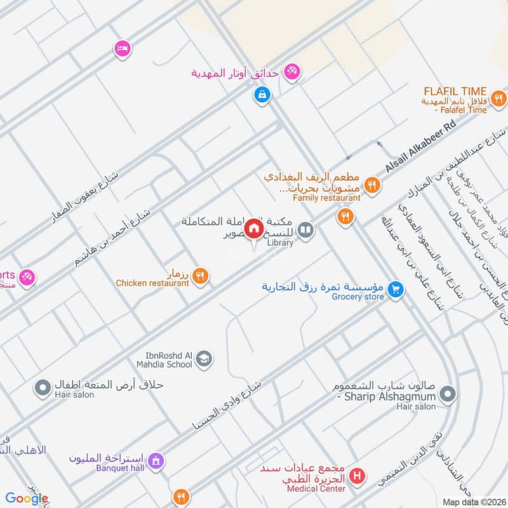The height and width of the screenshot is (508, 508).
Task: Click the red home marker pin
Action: pyautogui.click(x=254, y=228)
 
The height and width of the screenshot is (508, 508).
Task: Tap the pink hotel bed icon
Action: pyautogui.click(x=122, y=48)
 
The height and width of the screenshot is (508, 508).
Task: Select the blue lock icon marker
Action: pyautogui.click(x=261, y=95)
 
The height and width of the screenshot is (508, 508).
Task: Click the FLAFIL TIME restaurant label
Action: pyautogui.click(x=457, y=91)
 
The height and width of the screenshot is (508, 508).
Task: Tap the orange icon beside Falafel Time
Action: pyautogui.click(x=498, y=98)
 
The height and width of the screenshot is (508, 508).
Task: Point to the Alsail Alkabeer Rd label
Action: pyautogui.click(x=420, y=147)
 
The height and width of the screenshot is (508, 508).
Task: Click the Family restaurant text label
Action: pyautogui.click(x=326, y=198)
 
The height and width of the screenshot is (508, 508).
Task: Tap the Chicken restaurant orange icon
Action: pyautogui.click(x=201, y=276)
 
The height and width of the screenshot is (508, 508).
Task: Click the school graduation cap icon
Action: pyautogui.click(x=204, y=360)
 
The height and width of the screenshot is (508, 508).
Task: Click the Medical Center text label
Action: pyautogui.click(x=316, y=489)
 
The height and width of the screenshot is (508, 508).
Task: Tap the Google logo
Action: pyautogui.click(x=27, y=499)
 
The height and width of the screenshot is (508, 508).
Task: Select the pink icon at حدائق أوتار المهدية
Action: pyautogui.click(x=292, y=72)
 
